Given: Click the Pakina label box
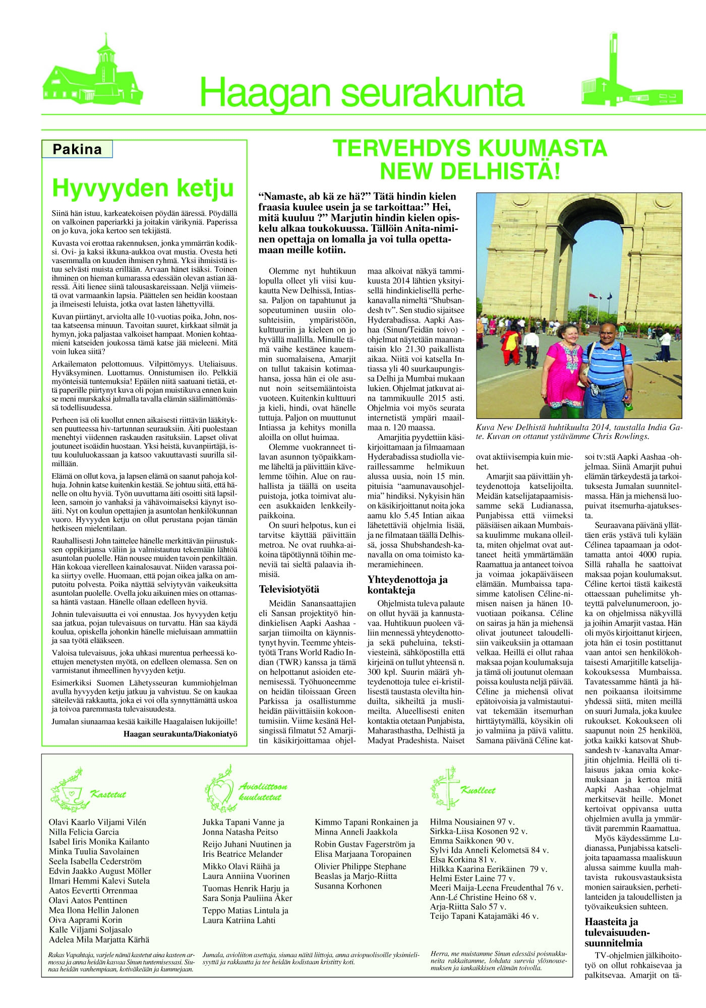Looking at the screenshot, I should tap(77, 149).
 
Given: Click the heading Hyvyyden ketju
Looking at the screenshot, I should tap(143, 188).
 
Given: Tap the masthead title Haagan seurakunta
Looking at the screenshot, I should tap(362, 93).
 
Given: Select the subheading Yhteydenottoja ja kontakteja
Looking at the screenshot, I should tap(407, 585).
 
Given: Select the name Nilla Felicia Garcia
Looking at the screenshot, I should tap(84, 832).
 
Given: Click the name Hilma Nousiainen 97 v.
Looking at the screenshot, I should tap(472, 822).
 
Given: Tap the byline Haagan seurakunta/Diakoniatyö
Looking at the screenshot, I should tap(180, 734).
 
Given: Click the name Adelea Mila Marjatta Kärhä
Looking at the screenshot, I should tap(99, 939).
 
